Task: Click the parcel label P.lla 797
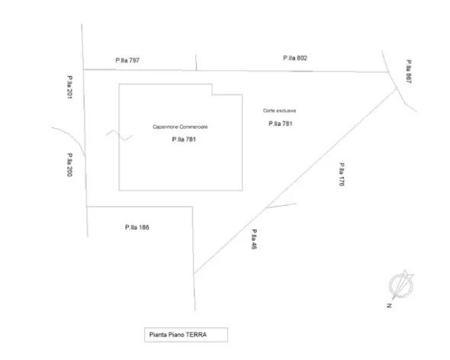click(127, 60)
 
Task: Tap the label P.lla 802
click(295, 58)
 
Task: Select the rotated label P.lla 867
click(409, 72)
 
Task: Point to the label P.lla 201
click(69, 87)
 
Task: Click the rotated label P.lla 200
click(69, 165)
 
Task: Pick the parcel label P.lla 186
click(137, 227)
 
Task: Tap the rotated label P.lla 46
click(254, 239)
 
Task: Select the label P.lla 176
click(342, 174)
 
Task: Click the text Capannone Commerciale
click(180, 127)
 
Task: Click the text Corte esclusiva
click(279, 111)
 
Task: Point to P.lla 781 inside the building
click(184, 140)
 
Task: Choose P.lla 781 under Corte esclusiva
click(281, 124)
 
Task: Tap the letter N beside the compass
click(389, 305)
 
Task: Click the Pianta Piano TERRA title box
click(186, 335)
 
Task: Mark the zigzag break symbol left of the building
click(119, 135)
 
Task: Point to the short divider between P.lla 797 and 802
click(196, 62)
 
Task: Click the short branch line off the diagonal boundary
click(281, 205)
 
